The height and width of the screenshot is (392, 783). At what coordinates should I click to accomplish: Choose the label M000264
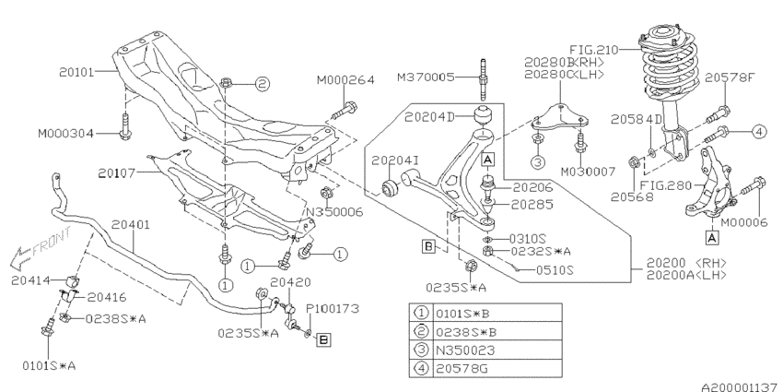[x=345, y=81]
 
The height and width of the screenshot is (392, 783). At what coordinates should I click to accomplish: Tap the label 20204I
[x=396, y=160]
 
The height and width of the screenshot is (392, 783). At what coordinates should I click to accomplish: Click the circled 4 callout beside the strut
[x=758, y=131]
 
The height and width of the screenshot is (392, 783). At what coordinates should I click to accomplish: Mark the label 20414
[x=29, y=279]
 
